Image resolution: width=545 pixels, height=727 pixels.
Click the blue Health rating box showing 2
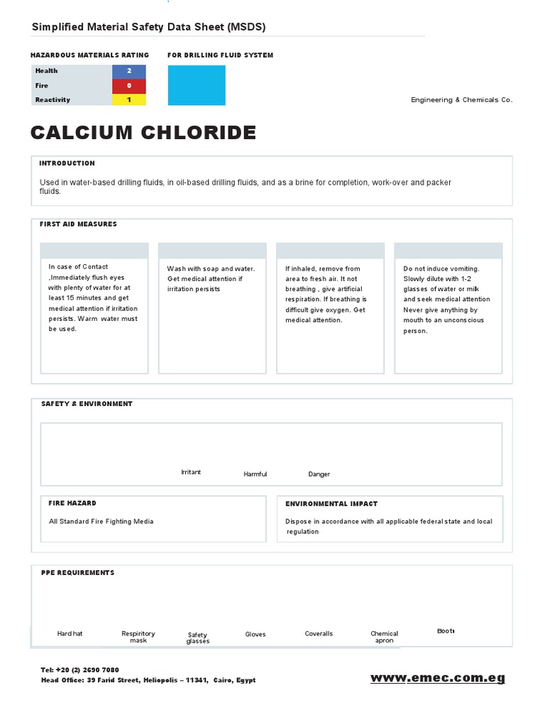129,71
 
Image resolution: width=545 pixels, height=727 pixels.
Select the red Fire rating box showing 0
129,85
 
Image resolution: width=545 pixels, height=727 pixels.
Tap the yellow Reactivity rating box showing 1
129,99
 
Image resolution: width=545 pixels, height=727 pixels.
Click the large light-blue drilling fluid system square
197,85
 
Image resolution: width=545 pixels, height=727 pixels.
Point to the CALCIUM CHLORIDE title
143,133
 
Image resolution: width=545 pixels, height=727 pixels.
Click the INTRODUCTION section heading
67,163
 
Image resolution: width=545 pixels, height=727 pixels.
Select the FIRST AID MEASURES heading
79,224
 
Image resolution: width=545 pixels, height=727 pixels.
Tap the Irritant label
191,472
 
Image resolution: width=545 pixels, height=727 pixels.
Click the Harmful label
255,474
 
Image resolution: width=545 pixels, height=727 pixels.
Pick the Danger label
319,474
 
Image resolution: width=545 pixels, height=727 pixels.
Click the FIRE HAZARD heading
72,503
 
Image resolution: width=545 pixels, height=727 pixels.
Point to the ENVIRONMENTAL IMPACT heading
331,503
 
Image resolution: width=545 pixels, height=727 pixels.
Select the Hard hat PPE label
70,633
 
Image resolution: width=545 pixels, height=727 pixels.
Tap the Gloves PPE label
255,634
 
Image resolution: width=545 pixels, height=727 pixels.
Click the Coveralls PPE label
319,633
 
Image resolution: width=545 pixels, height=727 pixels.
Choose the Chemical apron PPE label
384,637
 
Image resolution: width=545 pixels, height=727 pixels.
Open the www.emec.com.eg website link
438,678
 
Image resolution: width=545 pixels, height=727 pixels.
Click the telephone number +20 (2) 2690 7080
89,669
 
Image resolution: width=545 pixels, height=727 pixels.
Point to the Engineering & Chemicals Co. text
461,100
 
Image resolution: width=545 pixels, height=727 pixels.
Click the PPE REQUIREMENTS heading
77,572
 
